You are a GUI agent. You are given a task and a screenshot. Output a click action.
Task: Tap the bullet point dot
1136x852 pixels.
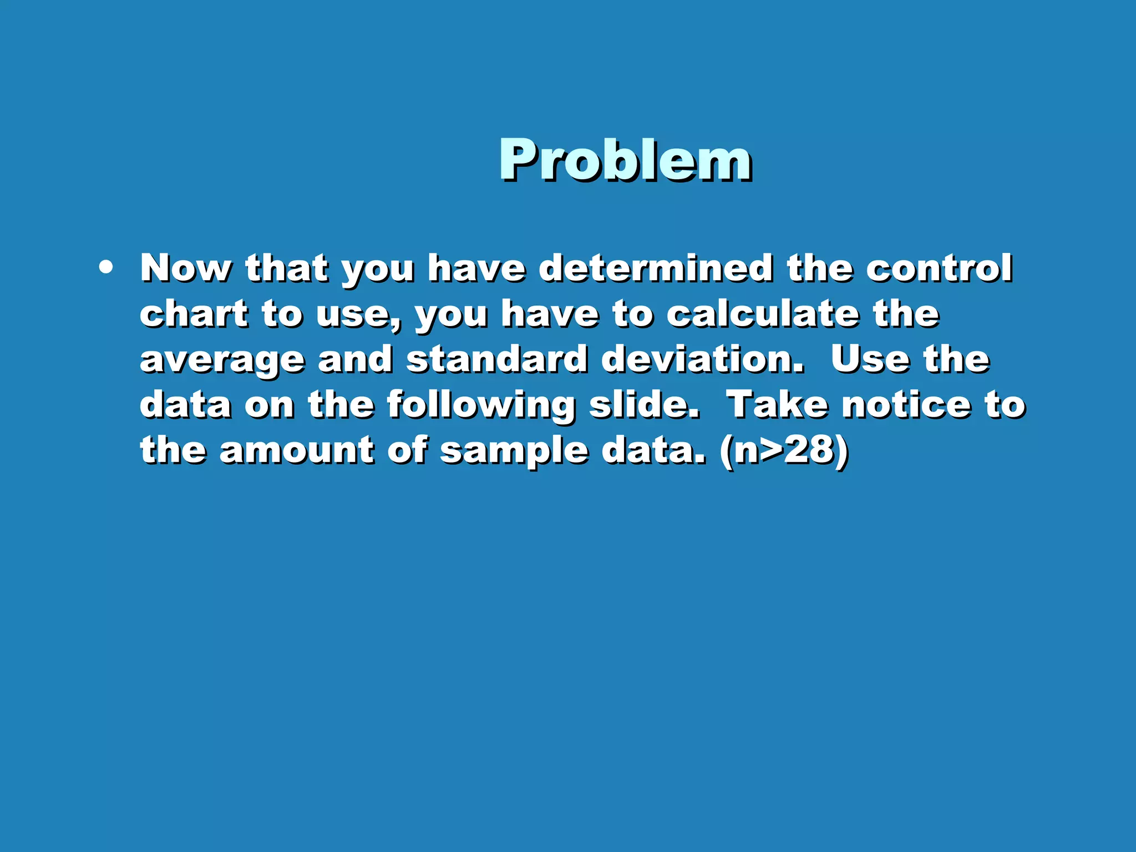click(x=105, y=268)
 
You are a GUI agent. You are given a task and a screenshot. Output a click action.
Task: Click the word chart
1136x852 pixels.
click(x=194, y=314)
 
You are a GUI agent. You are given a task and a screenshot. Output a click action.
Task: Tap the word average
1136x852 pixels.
click(x=222, y=361)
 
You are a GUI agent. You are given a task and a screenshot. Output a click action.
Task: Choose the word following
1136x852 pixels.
click(x=481, y=406)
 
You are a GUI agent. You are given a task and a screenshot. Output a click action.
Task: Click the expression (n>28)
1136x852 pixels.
click(x=784, y=451)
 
